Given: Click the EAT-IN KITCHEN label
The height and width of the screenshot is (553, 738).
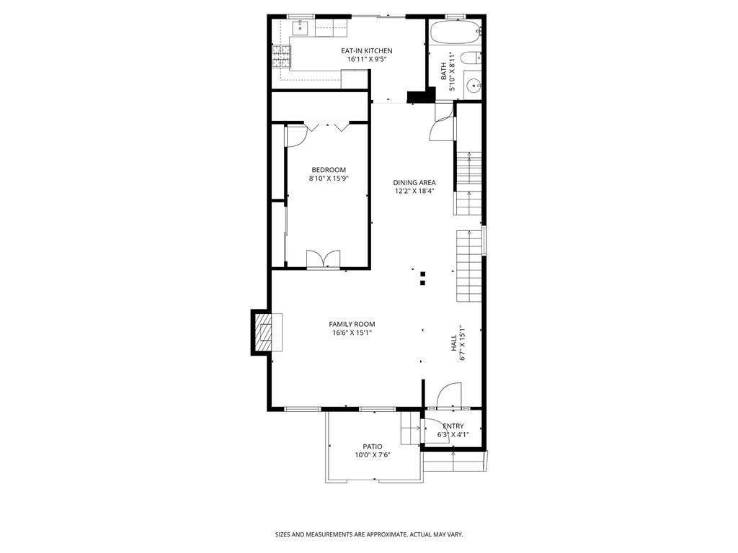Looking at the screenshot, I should click(x=367, y=50).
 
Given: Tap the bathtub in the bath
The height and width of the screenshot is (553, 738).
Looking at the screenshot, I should click(x=455, y=32).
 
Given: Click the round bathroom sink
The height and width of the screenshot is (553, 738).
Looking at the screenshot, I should click(x=472, y=86).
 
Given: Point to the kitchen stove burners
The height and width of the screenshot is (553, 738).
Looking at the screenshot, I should click(x=280, y=55).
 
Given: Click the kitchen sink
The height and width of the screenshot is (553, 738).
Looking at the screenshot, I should click(x=300, y=28).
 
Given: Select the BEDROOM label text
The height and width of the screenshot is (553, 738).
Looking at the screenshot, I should click(x=328, y=170).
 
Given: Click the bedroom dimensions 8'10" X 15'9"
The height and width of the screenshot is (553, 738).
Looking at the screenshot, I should click(x=328, y=179).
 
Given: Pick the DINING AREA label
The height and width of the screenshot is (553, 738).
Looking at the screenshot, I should click(x=414, y=182).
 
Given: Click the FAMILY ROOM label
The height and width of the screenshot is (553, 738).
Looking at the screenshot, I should click(x=352, y=324).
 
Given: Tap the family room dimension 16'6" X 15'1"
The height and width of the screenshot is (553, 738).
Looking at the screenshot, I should click(x=352, y=333).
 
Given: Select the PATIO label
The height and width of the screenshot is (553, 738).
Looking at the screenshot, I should click(x=373, y=446).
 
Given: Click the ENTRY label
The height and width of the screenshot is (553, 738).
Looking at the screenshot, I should click(x=453, y=426).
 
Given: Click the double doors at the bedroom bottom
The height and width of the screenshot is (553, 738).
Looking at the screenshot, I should click(x=323, y=259).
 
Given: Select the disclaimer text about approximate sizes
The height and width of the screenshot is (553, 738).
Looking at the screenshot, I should click(x=368, y=534).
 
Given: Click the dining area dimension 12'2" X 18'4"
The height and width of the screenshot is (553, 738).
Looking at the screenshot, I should click(x=414, y=192).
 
